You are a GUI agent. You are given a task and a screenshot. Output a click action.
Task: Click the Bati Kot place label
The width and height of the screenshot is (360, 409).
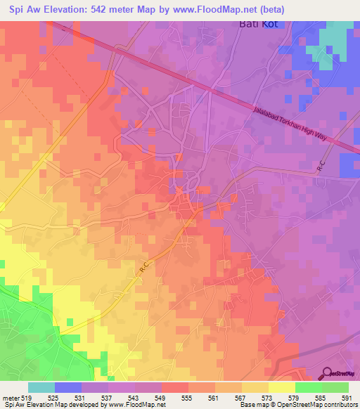pos(257,25)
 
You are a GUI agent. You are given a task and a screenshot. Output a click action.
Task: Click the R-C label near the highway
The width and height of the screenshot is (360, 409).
pos(321,167)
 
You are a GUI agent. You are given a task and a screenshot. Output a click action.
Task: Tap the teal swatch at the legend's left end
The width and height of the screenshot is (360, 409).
pos(41,387)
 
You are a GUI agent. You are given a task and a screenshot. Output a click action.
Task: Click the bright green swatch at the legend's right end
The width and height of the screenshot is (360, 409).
pos(335,387)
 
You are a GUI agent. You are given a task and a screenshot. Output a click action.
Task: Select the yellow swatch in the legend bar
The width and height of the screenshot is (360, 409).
pos(282,387)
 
